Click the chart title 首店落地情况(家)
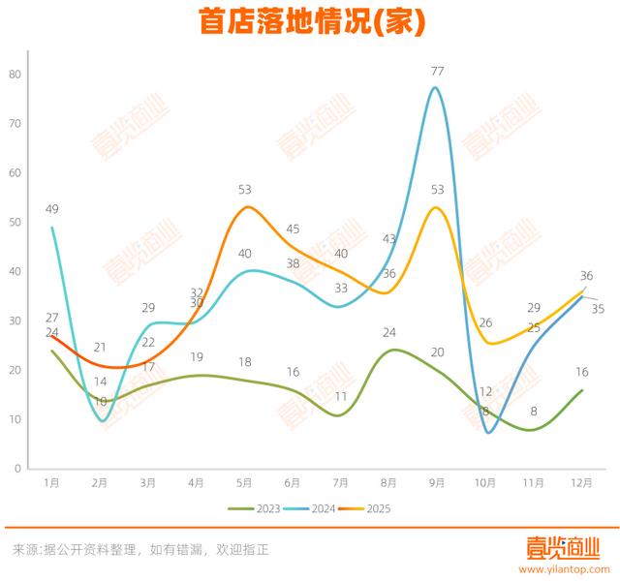point(311,21)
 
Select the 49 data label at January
point(52,209)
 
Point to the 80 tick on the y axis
point(15,74)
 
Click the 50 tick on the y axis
point(15,222)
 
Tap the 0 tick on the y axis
point(17,469)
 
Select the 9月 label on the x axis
point(437,481)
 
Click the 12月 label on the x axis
point(581,481)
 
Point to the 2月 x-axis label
point(101,481)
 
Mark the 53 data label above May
point(245,190)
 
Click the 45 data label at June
point(294,229)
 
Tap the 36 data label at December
point(586,275)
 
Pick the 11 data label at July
point(341,396)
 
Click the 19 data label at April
point(197,356)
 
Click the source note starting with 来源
point(140,549)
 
